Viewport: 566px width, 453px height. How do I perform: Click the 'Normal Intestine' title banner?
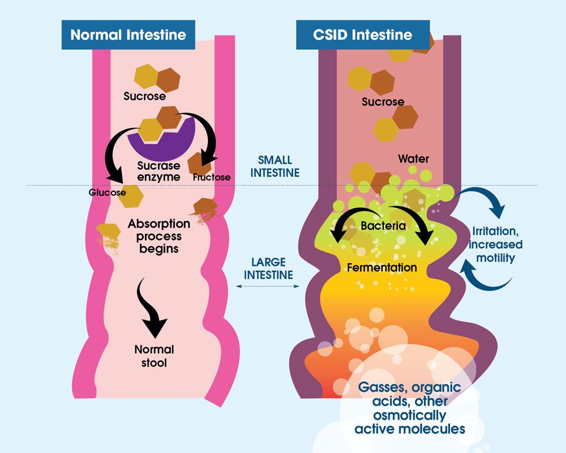[x=128, y=35]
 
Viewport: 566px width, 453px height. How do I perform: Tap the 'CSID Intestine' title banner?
[x=362, y=35]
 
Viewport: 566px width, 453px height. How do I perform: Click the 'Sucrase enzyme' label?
[x=159, y=172]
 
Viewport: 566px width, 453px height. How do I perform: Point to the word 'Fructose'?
[x=211, y=178]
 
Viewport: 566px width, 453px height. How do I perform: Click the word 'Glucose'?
[x=107, y=193]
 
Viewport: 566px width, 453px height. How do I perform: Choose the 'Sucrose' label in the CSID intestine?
[x=383, y=102]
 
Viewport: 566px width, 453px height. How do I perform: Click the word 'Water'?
[x=413, y=159]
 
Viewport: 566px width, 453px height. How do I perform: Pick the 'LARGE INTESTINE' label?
[x=269, y=269]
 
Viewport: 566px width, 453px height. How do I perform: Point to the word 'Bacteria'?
[x=383, y=226]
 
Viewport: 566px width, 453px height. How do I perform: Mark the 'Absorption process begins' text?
[x=154, y=236]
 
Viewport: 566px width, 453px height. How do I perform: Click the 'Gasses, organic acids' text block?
[x=410, y=408]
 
